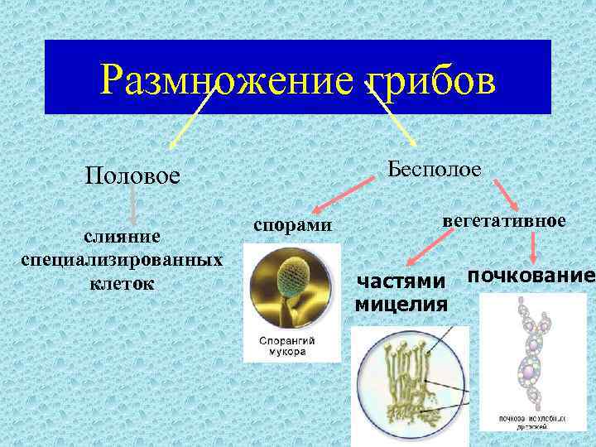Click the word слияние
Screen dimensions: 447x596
coord(121,237)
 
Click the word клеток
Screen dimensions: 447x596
coord(121,282)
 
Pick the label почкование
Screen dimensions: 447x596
coord(531,275)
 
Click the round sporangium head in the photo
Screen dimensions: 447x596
coord(291,273)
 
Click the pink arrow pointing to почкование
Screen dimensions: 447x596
coord(534,248)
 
